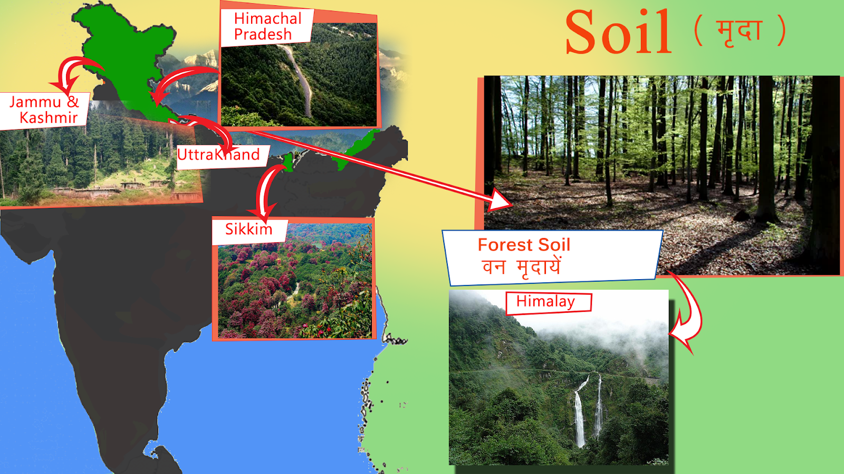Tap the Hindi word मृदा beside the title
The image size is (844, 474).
pyautogui.click(x=739, y=32)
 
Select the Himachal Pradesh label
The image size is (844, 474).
pyautogui.click(x=267, y=26)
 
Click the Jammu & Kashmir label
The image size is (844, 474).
pyautogui.click(x=44, y=110)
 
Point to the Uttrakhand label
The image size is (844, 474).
pyautogui.click(x=218, y=155)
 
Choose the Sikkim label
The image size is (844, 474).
pyautogui.click(x=248, y=229)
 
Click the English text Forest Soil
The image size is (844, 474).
pyautogui.click(x=524, y=245)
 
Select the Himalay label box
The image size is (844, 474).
pyautogui.click(x=549, y=303)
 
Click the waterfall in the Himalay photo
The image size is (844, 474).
pyautogui.click(x=588, y=410)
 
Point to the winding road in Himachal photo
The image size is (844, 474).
pyautogui.click(x=300, y=79)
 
